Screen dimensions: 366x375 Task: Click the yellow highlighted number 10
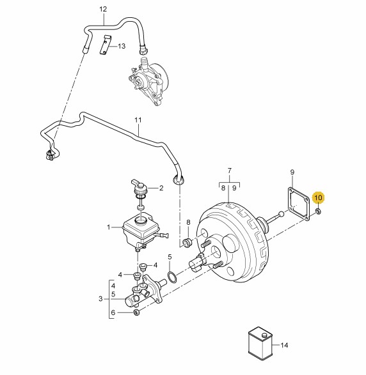click(x=319, y=198)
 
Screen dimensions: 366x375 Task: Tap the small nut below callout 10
click(x=319, y=211)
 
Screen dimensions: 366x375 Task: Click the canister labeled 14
click(x=260, y=343)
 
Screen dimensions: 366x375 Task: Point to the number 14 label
click(x=284, y=345)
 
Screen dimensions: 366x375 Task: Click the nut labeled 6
click(x=136, y=312)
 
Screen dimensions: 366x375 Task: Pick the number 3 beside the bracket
click(x=100, y=299)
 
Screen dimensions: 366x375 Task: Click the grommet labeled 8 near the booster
click(x=187, y=243)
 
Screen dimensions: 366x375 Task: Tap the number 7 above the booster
click(x=230, y=171)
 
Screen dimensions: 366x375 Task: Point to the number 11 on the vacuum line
click(x=138, y=120)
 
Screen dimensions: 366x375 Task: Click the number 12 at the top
click(x=103, y=10)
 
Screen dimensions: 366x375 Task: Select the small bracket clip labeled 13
click(x=105, y=45)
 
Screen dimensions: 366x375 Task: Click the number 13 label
click(x=122, y=46)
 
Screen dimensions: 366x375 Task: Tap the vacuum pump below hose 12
click(x=148, y=80)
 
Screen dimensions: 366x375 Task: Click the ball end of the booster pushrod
click(x=281, y=213)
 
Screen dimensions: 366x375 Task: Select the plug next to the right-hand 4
click(x=143, y=266)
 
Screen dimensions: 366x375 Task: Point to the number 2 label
click(x=161, y=188)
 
